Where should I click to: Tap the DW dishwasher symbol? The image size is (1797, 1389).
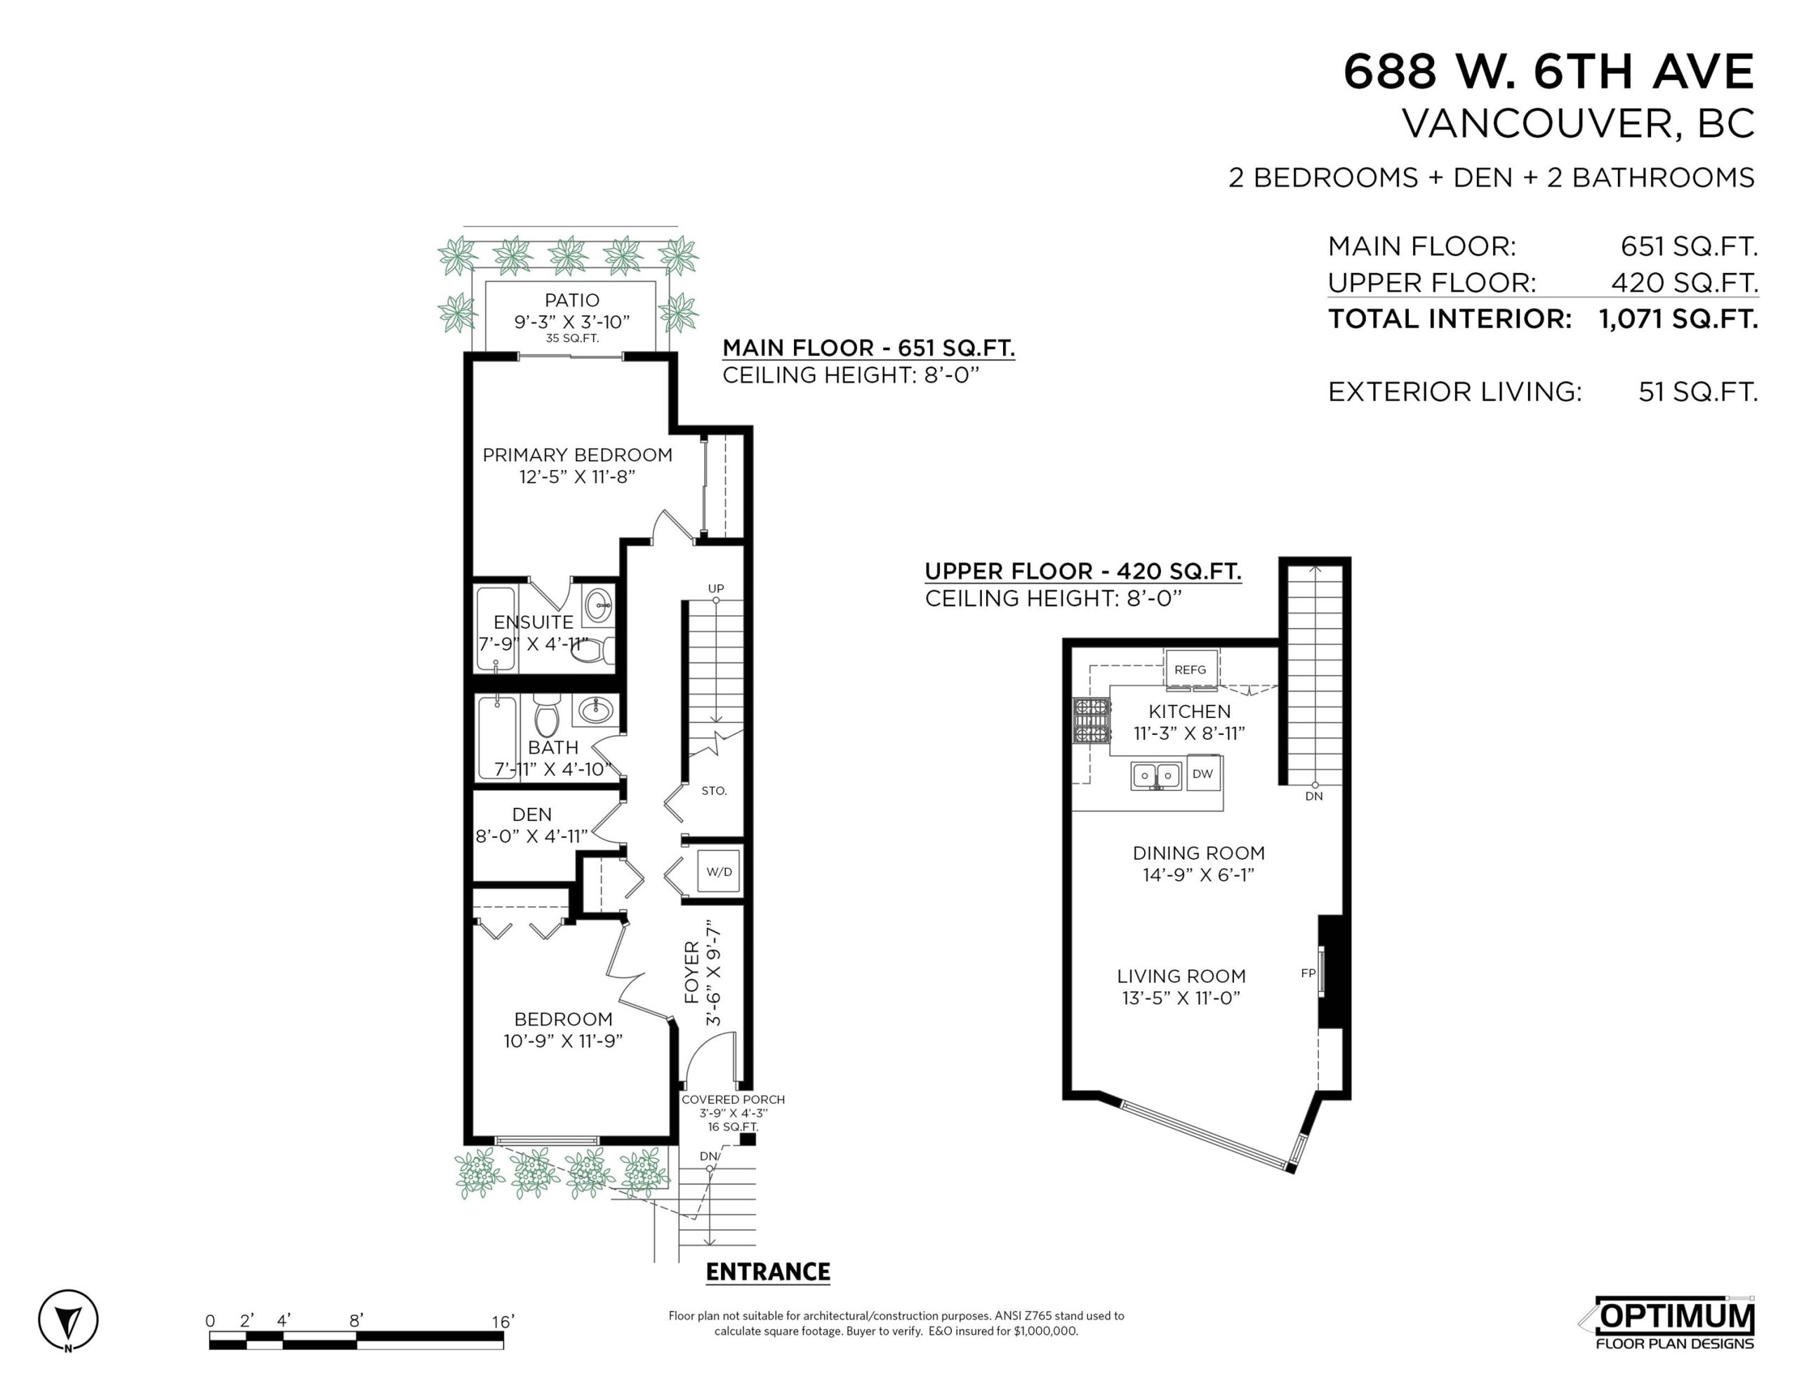coord(1202,774)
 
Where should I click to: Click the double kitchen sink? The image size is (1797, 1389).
coord(1156,776)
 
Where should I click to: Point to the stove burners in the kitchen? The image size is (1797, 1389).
coord(1091,720)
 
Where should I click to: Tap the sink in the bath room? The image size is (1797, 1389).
coord(595,711)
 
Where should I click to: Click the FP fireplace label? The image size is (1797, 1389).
coord(1308,973)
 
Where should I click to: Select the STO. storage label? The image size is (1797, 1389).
coord(714,791)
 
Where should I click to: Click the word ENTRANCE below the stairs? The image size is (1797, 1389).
coord(768,1272)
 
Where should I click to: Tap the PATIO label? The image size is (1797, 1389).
coord(572,300)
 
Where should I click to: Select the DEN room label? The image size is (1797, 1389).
coord(531,815)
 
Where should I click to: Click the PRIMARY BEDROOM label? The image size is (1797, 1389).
coord(577,455)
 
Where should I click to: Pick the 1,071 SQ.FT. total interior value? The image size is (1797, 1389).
coord(1678,319)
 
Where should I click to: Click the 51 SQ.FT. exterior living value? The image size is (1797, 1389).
coord(1697,392)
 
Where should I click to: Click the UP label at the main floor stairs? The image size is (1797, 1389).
coord(716,588)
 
